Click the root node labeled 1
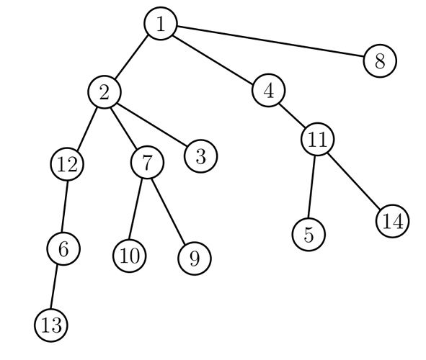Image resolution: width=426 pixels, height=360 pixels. [x=161, y=24]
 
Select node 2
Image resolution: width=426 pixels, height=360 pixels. [x=105, y=91]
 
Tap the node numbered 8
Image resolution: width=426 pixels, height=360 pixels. [x=380, y=60]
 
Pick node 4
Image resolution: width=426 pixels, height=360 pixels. [x=269, y=91]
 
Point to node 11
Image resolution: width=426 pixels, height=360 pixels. [x=316, y=140]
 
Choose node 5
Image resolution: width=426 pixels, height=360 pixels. [x=309, y=233]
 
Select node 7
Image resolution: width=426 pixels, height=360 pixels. [x=147, y=163]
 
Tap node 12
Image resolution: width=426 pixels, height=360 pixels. [x=67, y=164]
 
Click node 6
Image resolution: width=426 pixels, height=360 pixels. [x=63, y=248]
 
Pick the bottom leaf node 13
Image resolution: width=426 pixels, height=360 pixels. [x=51, y=325]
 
